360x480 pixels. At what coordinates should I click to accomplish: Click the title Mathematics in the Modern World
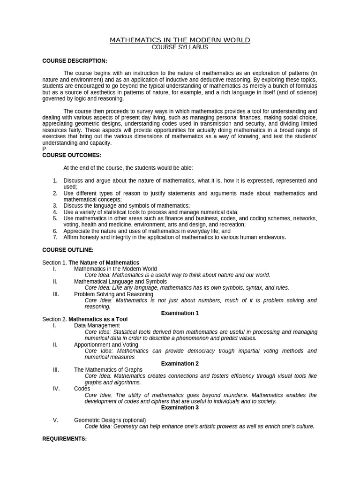[x=180, y=40]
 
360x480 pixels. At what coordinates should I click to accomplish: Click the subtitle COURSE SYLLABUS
[x=180, y=47]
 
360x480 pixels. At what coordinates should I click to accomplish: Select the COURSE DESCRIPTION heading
[x=75, y=61]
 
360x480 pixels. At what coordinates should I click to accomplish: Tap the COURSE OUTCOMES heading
[x=72, y=155]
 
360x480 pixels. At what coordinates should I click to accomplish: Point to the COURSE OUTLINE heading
[x=68, y=250]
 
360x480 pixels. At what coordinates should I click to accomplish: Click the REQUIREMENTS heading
[x=65, y=439]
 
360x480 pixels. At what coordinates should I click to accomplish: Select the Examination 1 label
[x=180, y=313]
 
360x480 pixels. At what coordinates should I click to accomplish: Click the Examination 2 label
[x=180, y=364]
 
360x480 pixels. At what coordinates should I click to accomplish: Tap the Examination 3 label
[x=180, y=408]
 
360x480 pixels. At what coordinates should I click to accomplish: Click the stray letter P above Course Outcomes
[x=44, y=149]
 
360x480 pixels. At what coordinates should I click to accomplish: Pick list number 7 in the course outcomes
[x=55, y=237]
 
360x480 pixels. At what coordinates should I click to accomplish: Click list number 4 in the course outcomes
[x=55, y=212]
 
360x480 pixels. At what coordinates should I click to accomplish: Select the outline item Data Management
[x=97, y=325]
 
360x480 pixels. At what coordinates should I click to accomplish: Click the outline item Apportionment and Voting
[x=106, y=345]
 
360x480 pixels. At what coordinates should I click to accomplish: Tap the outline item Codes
[x=82, y=389]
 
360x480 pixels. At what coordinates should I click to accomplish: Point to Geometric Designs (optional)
[x=110, y=420]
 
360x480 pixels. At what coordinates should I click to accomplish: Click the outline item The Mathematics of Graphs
[x=108, y=370]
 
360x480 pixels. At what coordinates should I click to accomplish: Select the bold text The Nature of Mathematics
[x=104, y=262]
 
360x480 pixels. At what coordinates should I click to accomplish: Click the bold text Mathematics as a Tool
[x=98, y=319]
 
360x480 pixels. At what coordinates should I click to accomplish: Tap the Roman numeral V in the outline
[x=55, y=420]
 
